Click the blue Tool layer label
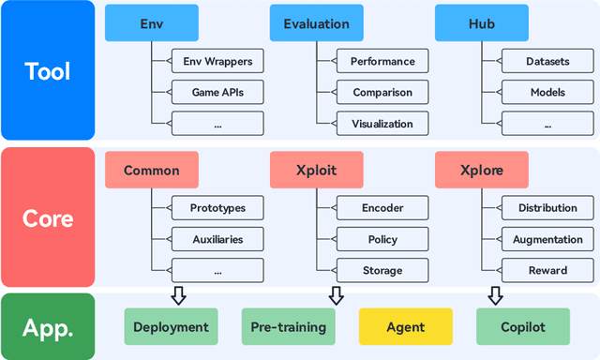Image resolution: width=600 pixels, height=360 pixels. click(47, 71)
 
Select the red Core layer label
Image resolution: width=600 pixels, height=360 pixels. click(47, 217)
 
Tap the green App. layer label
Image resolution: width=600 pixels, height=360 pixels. click(47, 326)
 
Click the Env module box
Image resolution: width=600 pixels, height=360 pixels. click(152, 23)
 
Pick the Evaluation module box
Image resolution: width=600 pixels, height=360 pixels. click(316, 23)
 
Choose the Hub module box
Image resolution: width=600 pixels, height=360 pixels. click(481, 23)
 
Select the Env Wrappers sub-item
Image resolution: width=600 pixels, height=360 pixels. click(217, 62)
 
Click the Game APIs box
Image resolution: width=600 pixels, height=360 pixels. click(217, 93)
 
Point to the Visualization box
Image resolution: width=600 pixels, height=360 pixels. click(382, 124)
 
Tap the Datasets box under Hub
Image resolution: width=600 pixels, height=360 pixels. click(547, 62)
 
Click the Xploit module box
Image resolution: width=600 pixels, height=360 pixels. click(316, 171)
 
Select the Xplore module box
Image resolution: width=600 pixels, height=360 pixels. click(481, 171)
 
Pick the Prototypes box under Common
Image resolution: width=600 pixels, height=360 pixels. click(217, 208)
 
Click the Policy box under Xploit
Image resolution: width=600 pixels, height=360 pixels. click(382, 239)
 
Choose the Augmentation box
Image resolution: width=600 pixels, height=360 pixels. click(547, 239)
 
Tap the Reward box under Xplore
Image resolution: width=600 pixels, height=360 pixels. click(547, 270)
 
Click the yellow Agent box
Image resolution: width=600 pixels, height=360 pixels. click(405, 327)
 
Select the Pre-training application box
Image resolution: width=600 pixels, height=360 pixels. click(288, 327)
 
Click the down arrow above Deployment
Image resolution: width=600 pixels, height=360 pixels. click(178, 295)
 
